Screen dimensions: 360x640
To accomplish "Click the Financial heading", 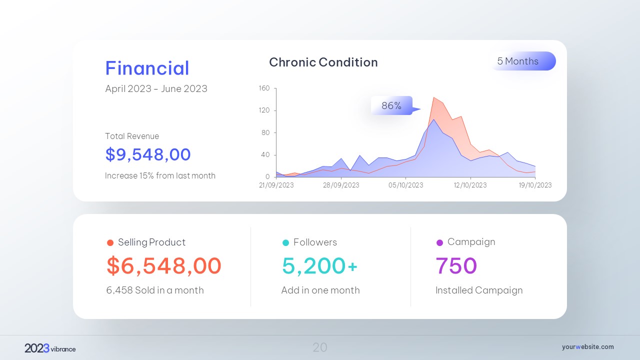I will click(147, 68).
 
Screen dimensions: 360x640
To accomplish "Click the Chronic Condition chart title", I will click(323, 62).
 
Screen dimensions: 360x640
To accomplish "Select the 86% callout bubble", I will click(392, 105).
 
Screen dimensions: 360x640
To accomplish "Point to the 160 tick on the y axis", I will click(264, 88).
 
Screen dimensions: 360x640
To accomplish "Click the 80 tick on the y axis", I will click(265, 132).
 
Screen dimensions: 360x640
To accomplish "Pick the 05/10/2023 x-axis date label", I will click(405, 185).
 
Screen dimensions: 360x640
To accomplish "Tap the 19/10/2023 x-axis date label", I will click(535, 185).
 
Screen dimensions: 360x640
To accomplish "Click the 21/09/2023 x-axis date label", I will click(276, 185).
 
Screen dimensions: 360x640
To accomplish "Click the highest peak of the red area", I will click(434, 97).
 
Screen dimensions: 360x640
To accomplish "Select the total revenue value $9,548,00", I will click(148, 154).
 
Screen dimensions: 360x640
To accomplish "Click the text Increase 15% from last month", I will click(160, 175).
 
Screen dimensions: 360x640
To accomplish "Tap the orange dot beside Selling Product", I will click(110, 243).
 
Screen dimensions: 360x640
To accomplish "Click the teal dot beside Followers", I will click(286, 243).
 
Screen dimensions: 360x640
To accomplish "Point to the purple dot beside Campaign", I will click(440, 242).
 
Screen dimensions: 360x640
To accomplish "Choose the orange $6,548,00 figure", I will click(164, 265).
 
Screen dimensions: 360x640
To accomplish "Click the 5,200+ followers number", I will click(319, 265).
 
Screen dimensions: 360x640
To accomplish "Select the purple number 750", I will click(456, 265).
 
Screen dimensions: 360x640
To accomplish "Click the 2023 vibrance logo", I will click(50, 348).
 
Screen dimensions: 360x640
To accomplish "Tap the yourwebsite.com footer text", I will click(587, 347).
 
